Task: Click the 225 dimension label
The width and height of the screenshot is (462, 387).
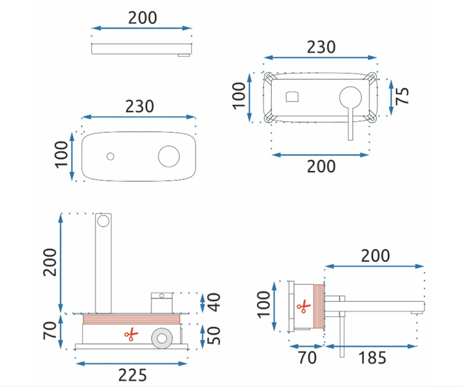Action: click(x=132, y=375)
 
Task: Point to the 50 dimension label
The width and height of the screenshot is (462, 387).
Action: click(x=216, y=333)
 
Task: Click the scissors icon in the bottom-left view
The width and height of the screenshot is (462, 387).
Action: click(x=130, y=334)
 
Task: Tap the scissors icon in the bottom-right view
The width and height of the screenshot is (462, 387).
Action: click(x=302, y=308)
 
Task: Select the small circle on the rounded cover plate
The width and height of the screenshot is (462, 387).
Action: click(x=110, y=156)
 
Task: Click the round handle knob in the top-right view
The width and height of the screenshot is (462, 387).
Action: click(x=350, y=97)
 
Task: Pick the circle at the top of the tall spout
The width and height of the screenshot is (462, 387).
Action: click(x=102, y=222)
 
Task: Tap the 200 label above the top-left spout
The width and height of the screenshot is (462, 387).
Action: click(x=142, y=17)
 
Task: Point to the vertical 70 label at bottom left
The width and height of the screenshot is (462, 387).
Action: click(x=50, y=331)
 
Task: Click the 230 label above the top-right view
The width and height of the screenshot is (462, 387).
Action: click(x=321, y=47)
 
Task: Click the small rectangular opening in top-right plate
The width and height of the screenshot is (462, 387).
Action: click(x=292, y=97)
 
